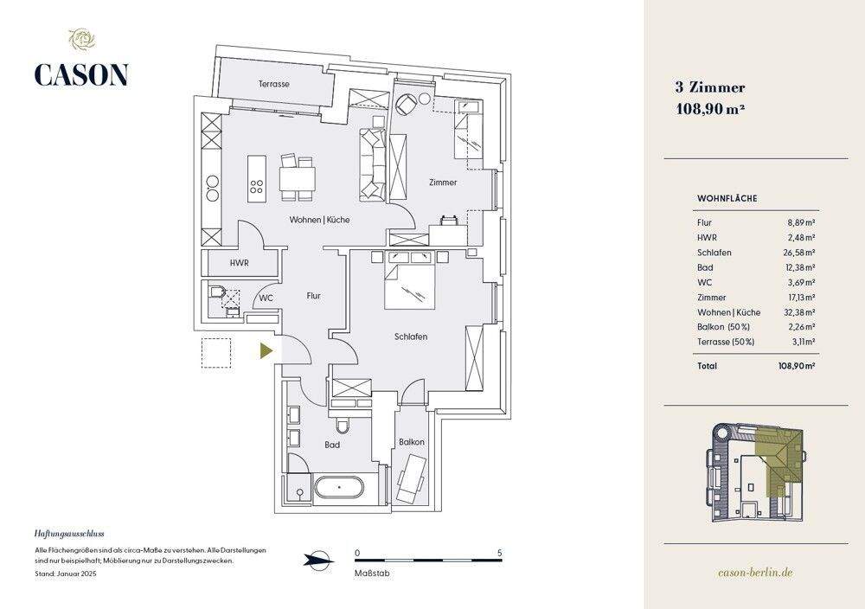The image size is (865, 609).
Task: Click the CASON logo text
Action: pos(81,74)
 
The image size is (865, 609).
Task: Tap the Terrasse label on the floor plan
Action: pos(273,84)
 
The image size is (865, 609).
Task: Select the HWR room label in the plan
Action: pos(240,262)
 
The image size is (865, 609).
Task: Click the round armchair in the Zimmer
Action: pos(405,105)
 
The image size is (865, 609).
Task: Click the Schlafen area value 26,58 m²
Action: pos(801,253)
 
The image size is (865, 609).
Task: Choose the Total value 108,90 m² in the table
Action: pos(797,366)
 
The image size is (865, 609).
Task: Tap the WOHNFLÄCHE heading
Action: pos(727,198)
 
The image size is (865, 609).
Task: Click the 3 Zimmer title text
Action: pos(709,87)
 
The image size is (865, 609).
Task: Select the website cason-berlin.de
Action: pos(756,573)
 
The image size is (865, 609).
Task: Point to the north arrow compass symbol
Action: pos(318,560)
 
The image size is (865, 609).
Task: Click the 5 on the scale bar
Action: pos(500,553)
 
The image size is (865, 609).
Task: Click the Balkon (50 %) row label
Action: pos(723,326)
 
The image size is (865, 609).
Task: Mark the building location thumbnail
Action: pos(755,474)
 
